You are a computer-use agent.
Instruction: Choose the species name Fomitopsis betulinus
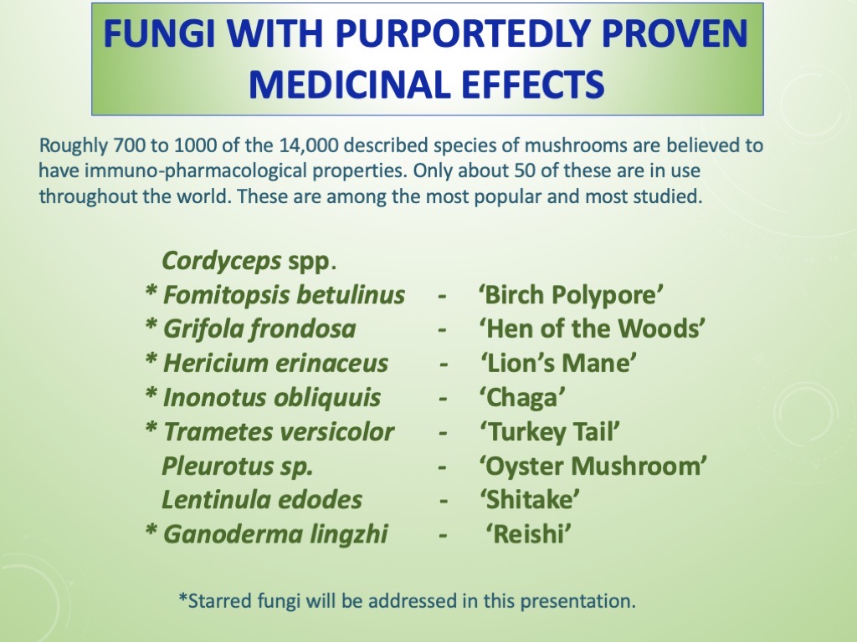(284, 295)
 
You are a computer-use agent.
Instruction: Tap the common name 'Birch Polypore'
(572, 295)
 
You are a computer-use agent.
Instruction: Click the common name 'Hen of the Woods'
(592, 329)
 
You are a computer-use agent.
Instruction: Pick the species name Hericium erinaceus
(275, 364)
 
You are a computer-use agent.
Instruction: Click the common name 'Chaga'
(521, 398)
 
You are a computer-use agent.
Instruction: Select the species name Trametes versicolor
(278, 432)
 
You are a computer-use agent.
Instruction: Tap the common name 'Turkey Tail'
(549, 432)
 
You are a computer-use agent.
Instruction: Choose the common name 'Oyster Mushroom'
(593, 466)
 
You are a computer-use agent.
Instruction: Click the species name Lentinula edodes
(262, 501)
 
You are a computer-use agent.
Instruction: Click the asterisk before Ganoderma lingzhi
(151, 532)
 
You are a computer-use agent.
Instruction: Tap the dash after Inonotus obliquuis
(443, 398)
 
